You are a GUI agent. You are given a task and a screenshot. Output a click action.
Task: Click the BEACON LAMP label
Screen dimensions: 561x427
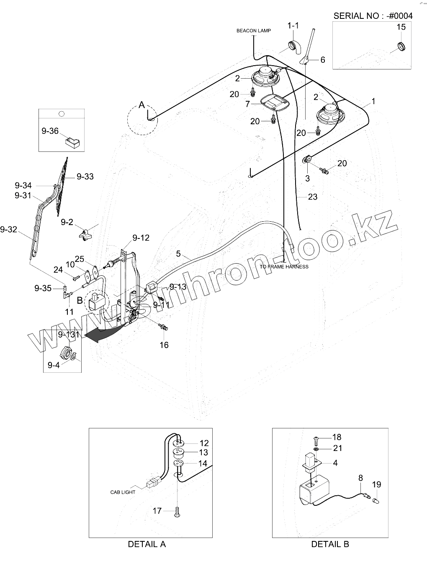click(x=253, y=31)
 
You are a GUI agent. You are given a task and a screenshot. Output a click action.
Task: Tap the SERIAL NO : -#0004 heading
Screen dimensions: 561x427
click(x=373, y=16)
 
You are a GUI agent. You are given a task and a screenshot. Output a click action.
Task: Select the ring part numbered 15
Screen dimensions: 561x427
click(x=401, y=46)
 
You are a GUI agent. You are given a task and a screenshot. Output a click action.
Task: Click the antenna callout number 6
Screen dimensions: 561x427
click(x=323, y=60)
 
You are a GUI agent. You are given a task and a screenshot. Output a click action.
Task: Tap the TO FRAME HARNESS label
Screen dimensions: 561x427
click(x=284, y=266)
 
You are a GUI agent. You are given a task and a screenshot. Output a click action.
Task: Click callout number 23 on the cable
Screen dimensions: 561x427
click(x=313, y=197)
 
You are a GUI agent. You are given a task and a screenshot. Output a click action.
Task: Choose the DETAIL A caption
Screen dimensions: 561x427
click(x=147, y=544)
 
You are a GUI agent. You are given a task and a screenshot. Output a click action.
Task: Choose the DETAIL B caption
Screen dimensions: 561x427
click(x=330, y=544)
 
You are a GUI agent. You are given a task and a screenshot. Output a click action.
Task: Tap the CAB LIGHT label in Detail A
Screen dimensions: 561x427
click(x=123, y=492)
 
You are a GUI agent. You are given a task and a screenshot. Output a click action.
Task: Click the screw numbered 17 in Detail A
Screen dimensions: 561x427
click(x=177, y=511)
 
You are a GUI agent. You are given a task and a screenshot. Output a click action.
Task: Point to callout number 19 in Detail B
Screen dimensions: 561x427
click(x=376, y=484)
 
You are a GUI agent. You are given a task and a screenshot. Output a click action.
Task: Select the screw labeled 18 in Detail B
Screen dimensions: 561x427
click(x=316, y=439)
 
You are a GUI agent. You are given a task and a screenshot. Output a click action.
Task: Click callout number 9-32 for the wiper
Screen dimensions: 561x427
click(x=8, y=229)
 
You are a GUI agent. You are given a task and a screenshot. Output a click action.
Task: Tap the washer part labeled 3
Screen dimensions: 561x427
click(x=307, y=159)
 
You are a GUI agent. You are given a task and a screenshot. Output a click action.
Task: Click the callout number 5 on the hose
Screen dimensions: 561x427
click(x=178, y=254)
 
